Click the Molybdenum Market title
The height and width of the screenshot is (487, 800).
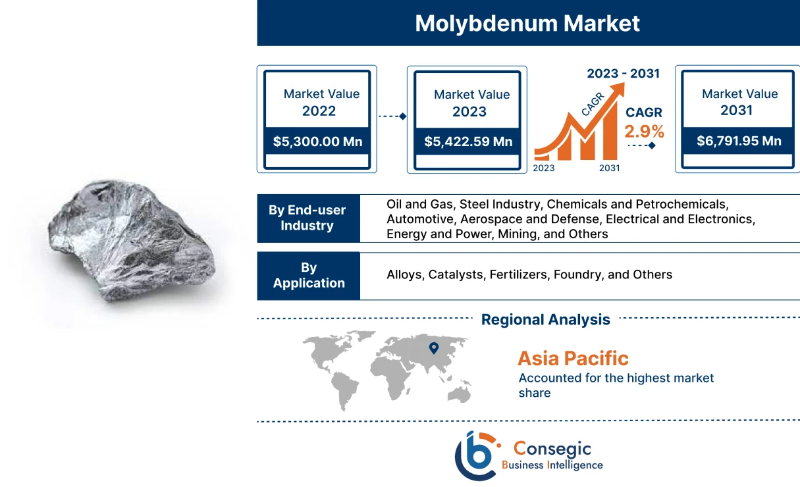tap(527, 24)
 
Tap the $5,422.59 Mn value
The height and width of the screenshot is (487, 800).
tap(468, 141)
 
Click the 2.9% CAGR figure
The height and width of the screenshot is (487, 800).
tap(644, 131)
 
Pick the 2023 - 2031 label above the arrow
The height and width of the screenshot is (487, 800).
tap(623, 73)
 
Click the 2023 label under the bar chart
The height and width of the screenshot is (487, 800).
tap(544, 168)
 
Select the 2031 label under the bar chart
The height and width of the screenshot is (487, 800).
tap(609, 168)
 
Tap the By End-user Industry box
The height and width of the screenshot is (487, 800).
tap(307, 218)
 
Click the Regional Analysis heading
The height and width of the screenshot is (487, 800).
tap(545, 320)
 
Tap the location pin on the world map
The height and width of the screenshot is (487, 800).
tap(433, 348)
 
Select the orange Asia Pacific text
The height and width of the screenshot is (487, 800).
tap(573, 359)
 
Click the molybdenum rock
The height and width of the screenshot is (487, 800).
tap(131, 244)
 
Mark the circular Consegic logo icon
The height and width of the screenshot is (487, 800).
tap(475, 454)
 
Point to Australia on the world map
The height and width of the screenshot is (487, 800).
tap(459, 393)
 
